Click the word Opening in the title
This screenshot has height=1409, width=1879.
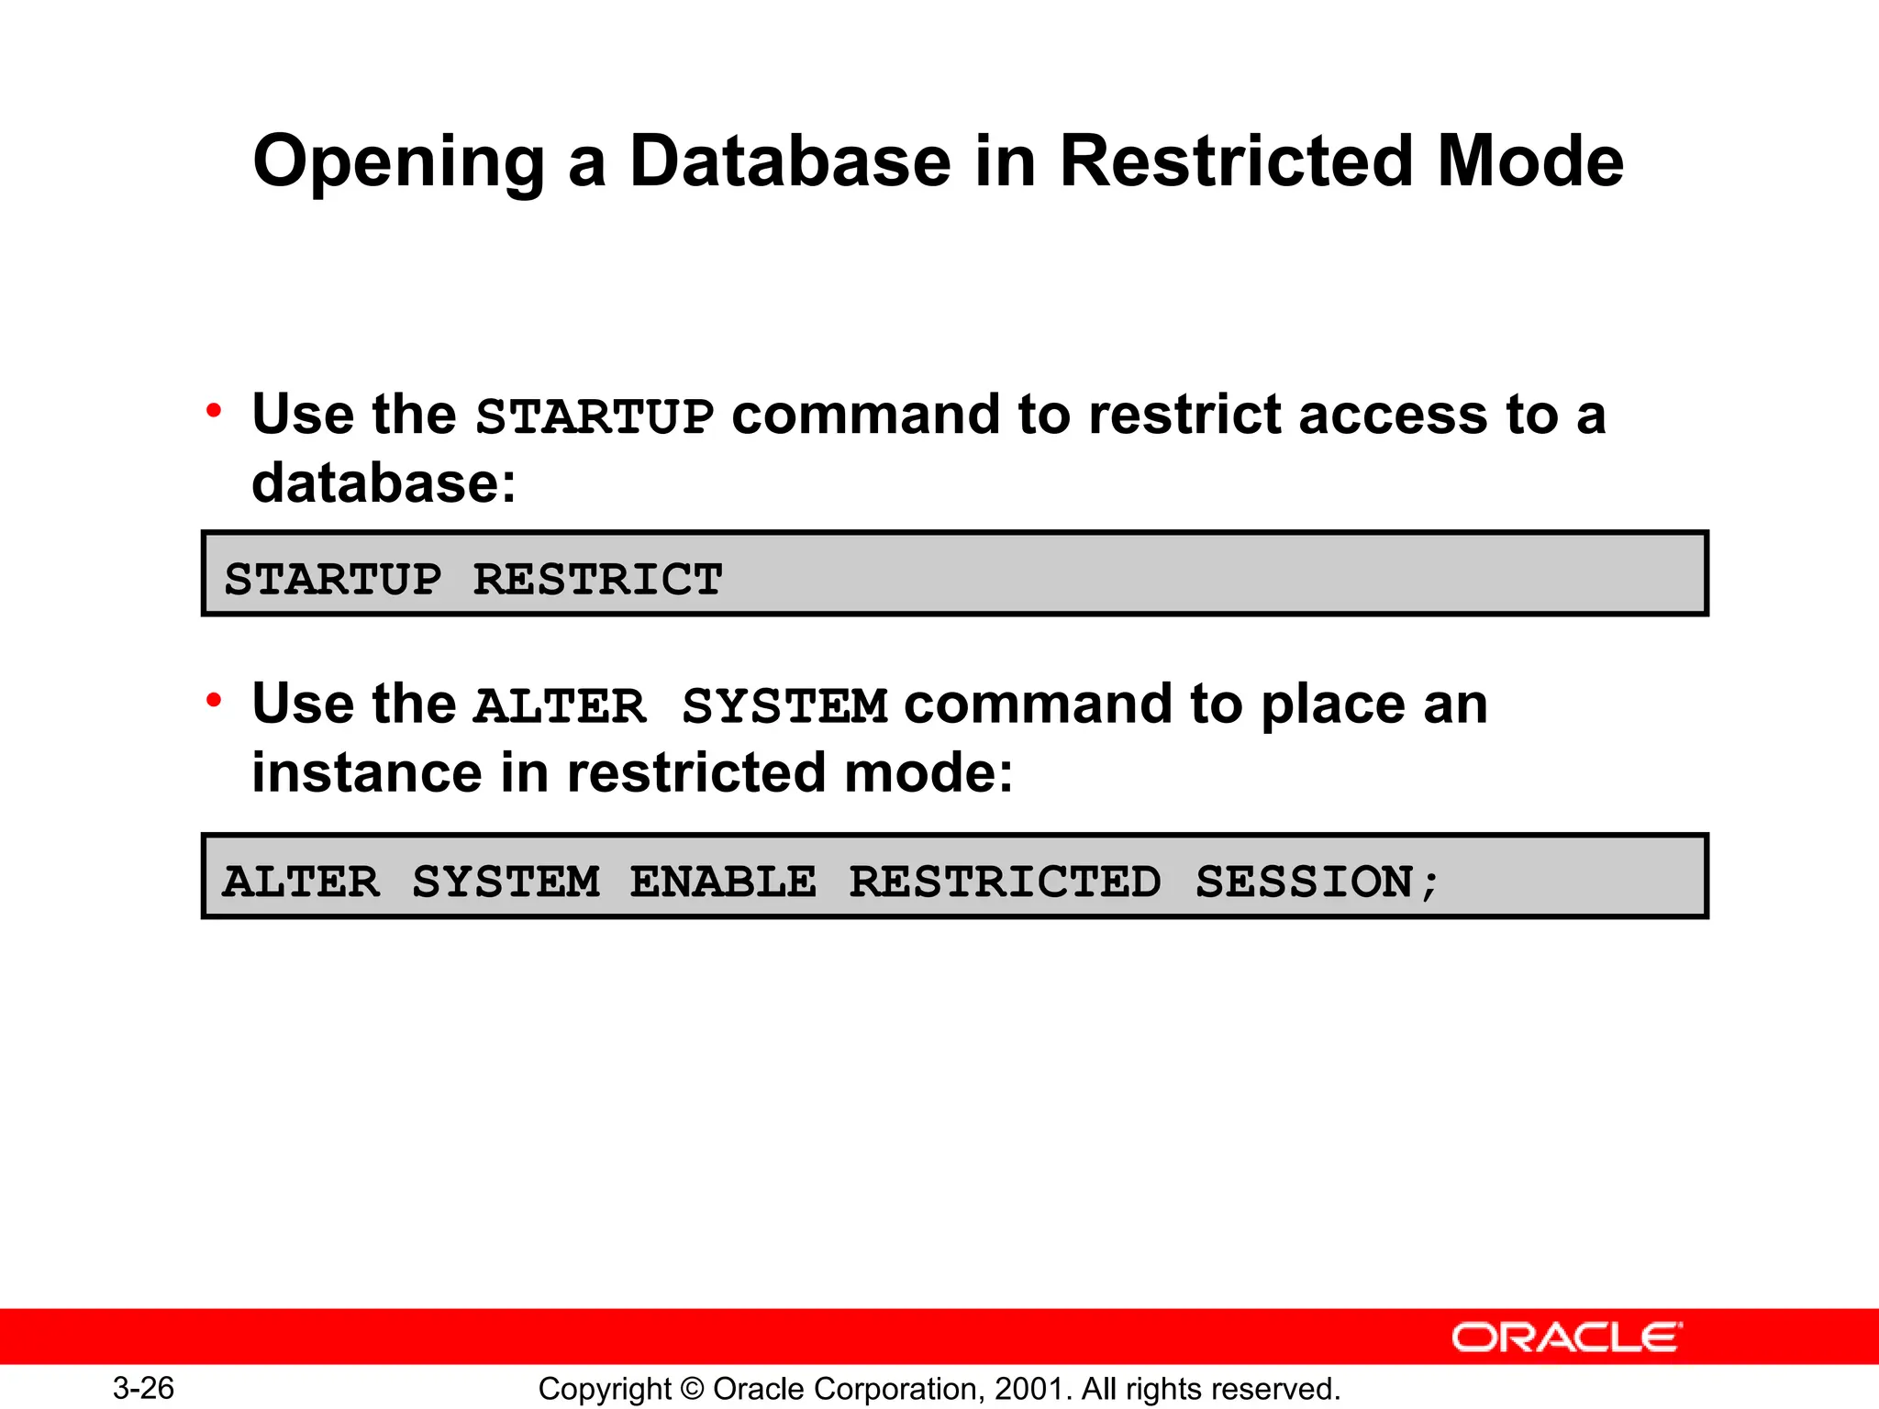[398, 163]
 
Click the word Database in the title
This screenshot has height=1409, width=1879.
[790, 161]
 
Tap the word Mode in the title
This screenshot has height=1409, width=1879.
[1529, 161]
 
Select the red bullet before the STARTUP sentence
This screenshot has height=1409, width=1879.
[214, 410]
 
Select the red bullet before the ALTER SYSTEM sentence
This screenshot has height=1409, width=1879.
[214, 701]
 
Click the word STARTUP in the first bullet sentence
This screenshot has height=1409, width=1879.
[595, 416]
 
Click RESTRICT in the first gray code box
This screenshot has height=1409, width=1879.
[597, 580]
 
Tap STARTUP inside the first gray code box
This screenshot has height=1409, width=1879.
[333, 580]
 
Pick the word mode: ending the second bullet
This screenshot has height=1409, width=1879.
[928, 772]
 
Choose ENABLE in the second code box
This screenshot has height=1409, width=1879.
[723, 882]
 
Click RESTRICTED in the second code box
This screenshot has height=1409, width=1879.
[1005, 882]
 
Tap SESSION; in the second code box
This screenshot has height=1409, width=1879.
[1318, 882]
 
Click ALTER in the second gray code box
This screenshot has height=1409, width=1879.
[301, 882]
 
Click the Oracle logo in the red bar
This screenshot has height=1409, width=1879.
[1566, 1337]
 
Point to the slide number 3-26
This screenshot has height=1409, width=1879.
[143, 1388]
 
